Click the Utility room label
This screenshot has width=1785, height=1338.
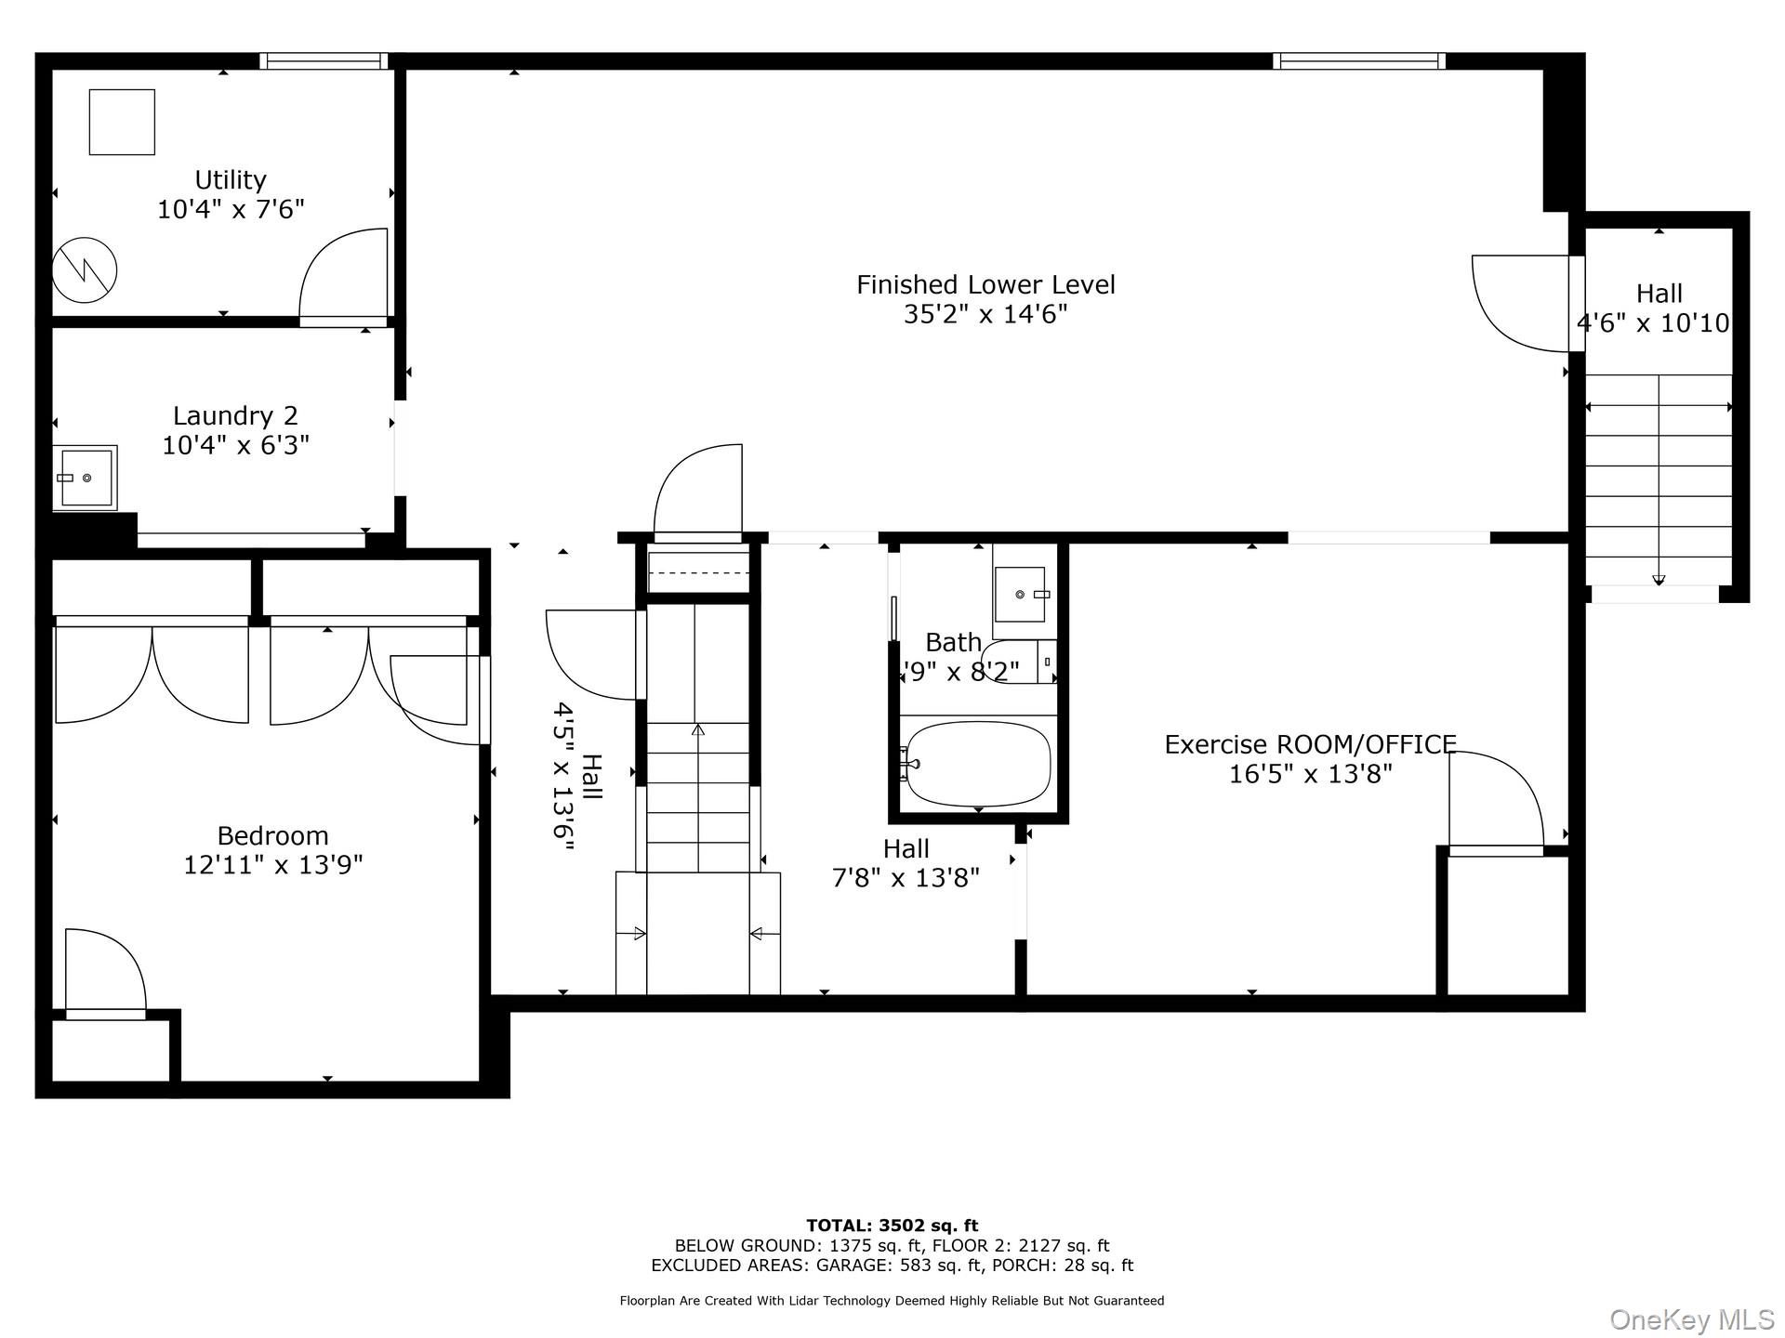coord(230,179)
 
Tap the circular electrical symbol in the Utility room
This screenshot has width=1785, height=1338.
coord(85,271)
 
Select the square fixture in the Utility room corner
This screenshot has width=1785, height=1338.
coord(122,122)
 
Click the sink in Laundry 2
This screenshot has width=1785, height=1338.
coord(86,478)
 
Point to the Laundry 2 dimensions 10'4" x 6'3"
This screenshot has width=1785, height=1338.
coord(235,445)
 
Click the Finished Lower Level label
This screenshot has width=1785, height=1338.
coord(985,284)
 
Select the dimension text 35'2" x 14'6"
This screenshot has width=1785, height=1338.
coord(985,314)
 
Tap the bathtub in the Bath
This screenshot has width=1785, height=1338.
coord(978,764)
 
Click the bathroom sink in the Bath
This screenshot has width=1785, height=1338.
coord(1020,594)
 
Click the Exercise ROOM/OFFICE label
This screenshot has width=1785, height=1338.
coord(1310,744)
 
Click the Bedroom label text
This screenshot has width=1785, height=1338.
coord(272,835)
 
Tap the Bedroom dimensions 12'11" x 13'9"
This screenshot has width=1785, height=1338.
coord(272,865)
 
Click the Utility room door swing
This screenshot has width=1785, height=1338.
coord(344,275)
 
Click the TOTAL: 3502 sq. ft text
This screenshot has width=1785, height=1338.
coord(892,1226)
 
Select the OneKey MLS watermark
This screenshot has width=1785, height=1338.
coord(1691,1318)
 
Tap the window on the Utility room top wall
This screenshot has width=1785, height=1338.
coord(324,61)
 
